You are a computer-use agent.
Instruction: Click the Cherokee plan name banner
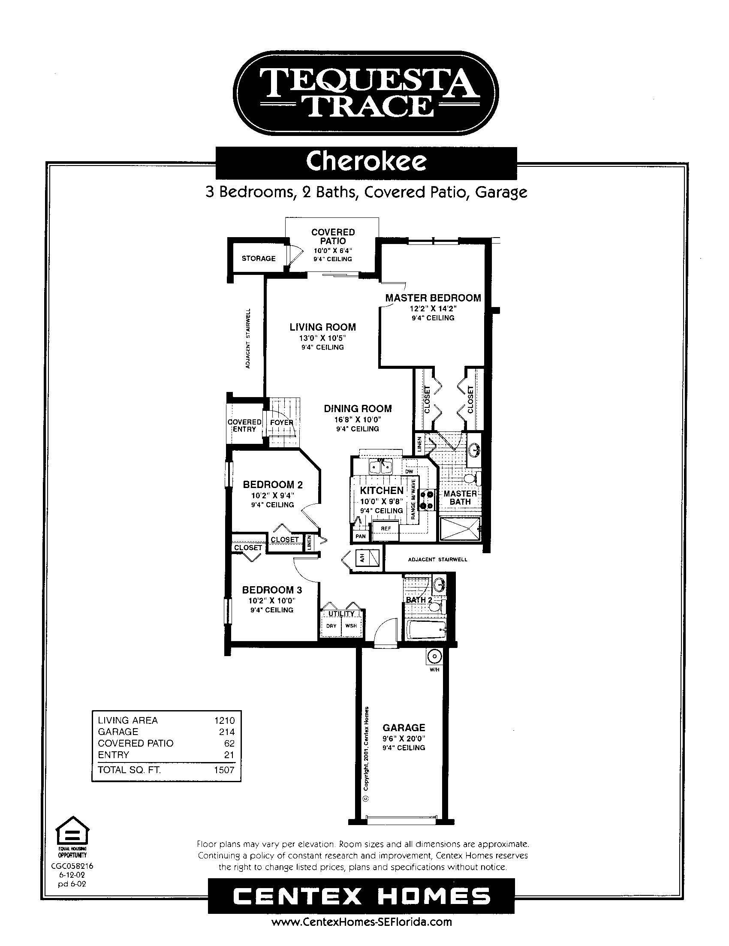367,163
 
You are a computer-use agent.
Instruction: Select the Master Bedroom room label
433,298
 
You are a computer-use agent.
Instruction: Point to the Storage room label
259,259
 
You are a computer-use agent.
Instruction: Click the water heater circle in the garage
434,657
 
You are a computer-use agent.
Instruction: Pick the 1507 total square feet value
224,770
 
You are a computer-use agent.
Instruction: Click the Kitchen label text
382,490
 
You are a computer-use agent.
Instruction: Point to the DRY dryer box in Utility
331,626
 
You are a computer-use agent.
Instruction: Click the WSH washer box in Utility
351,626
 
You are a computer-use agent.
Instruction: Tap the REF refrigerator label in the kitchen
386,528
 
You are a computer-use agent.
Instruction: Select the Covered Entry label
245,425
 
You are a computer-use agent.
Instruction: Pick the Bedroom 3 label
272,590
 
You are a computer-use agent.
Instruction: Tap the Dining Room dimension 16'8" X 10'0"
358,419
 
